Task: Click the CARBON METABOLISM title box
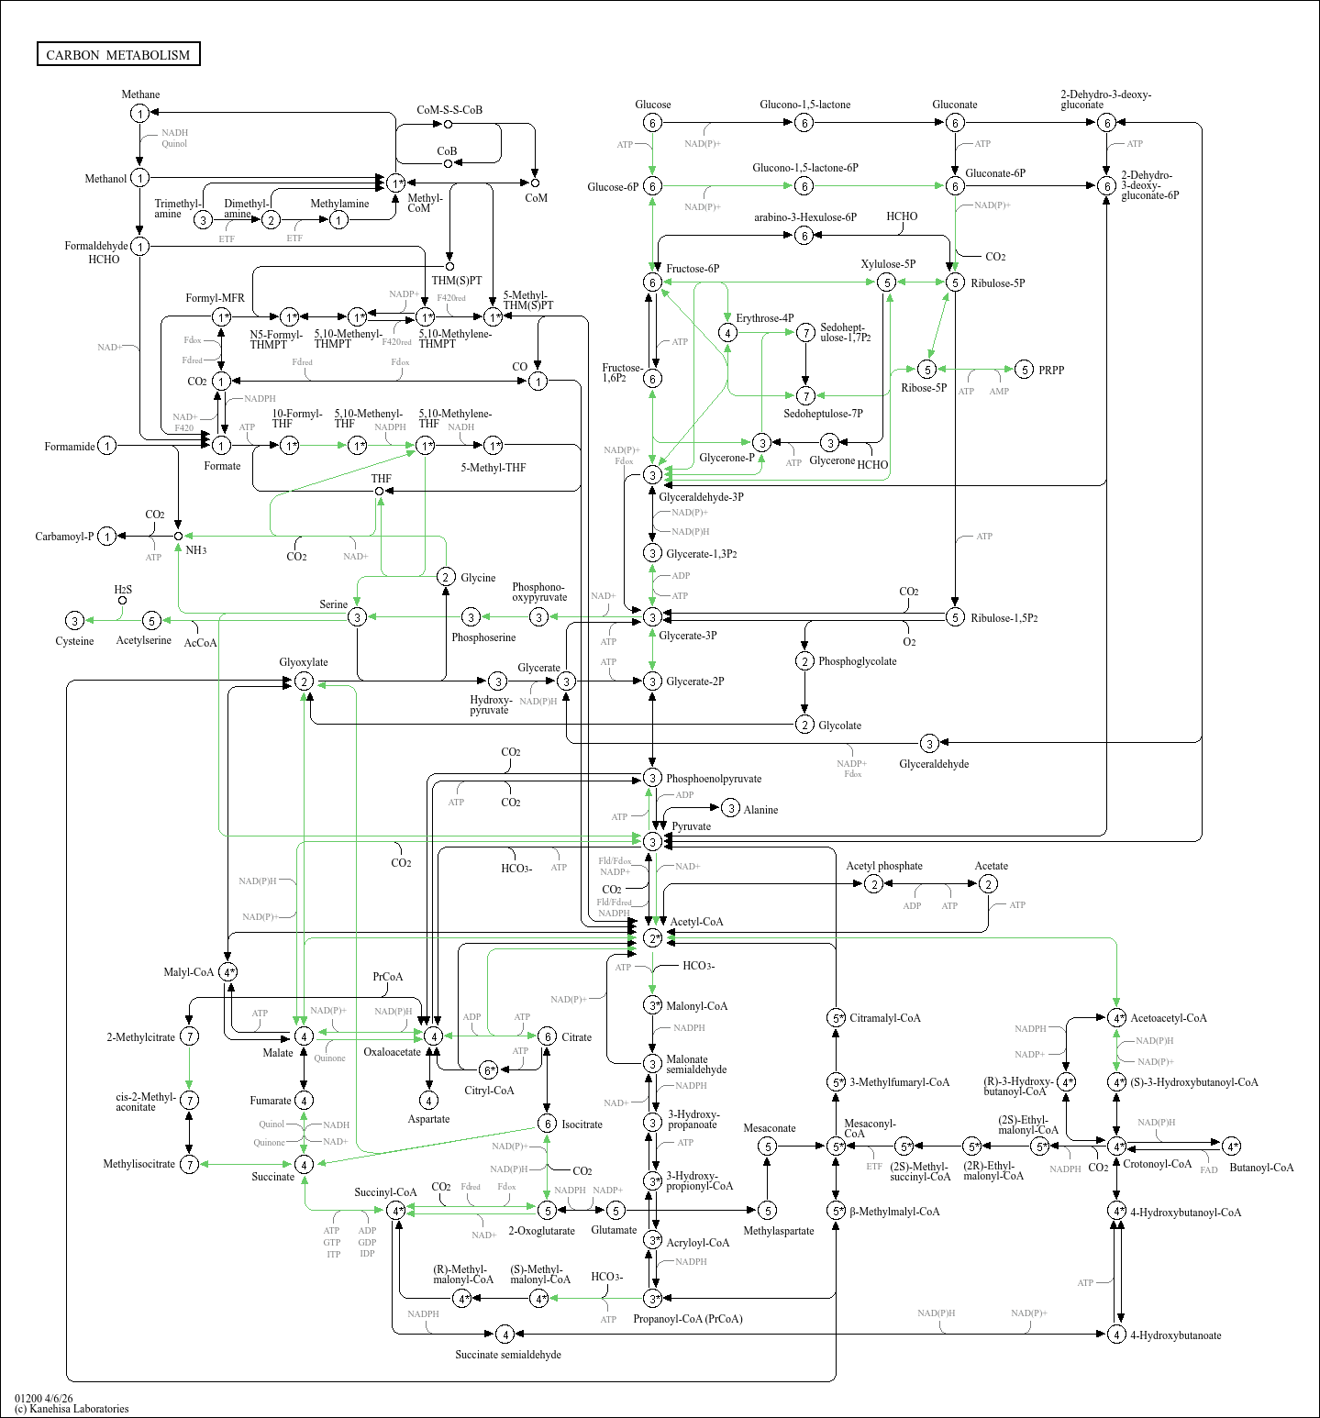pyautogui.click(x=118, y=54)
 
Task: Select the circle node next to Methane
pyautogui.click(x=139, y=114)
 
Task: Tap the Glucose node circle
pyautogui.click(x=652, y=123)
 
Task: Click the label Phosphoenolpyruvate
pyautogui.click(x=713, y=779)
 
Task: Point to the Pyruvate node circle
pyautogui.click(x=652, y=841)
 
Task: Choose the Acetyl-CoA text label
pyautogui.click(x=696, y=922)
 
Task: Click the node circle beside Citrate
pyautogui.click(x=547, y=1036)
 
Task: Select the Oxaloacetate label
pyautogui.click(x=392, y=1052)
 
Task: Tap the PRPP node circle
pyautogui.click(x=1025, y=370)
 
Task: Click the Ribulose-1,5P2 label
pyautogui.click(x=1004, y=618)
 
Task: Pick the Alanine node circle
pyautogui.click(x=730, y=808)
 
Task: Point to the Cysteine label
pyautogui.click(x=74, y=641)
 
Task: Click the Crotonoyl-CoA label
pyautogui.click(x=1157, y=1164)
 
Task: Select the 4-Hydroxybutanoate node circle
pyautogui.click(x=1116, y=1335)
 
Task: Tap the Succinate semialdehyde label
pyautogui.click(x=508, y=1355)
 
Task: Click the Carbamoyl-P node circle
pyautogui.click(x=107, y=537)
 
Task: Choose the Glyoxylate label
pyautogui.click(x=304, y=662)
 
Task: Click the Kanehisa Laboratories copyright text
pyautogui.click(x=72, y=1409)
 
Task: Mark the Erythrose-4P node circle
pyautogui.click(x=727, y=332)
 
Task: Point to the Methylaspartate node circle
pyautogui.click(x=768, y=1211)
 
